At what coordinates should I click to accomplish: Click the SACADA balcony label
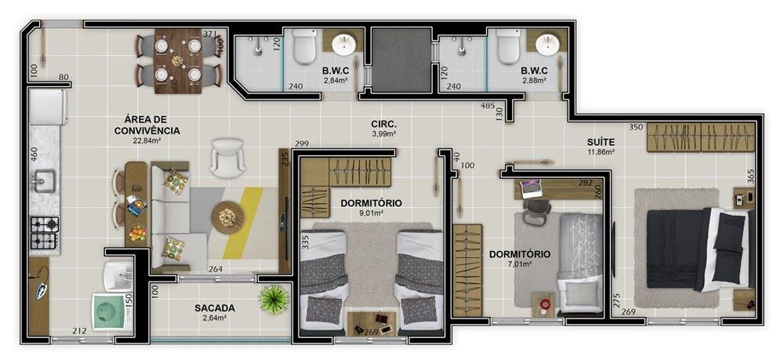[215, 308]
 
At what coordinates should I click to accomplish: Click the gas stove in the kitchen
[45, 232]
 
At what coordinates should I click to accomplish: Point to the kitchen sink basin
[45, 180]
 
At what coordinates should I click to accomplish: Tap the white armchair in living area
[228, 158]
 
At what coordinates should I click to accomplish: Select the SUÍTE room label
[601, 142]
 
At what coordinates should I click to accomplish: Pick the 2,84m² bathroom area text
[336, 80]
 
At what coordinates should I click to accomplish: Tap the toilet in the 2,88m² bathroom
[509, 46]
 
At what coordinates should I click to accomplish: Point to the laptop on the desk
[530, 188]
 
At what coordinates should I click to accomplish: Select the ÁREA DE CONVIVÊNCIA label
[147, 125]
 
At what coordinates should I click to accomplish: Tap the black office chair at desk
[536, 210]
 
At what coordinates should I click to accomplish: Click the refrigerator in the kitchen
[48, 107]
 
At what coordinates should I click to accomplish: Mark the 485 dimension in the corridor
[488, 106]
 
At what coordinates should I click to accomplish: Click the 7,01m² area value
[520, 264]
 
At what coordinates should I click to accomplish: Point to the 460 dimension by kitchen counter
[34, 154]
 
